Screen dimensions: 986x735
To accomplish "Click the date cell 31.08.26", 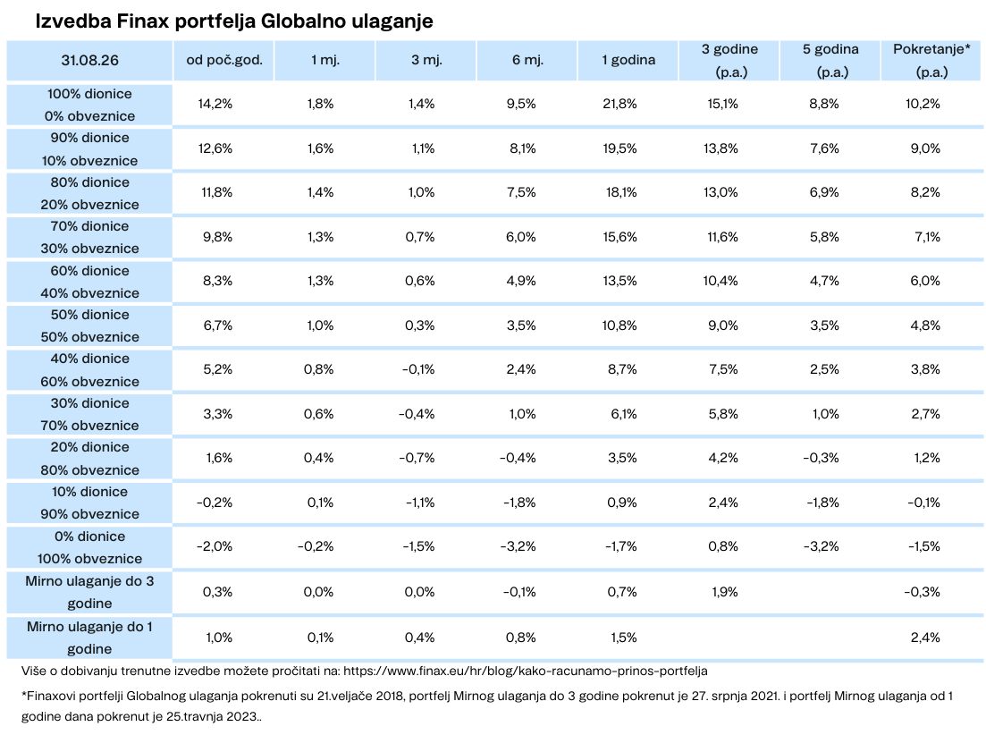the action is pyautogui.click(x=90, y=61).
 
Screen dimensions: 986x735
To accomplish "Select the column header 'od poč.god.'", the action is pyautogui.click(x=224, y=61).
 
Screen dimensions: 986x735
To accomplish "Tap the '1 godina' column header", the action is pyautogui.click(x=628, y=61).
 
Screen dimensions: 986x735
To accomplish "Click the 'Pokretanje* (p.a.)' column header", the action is pyautogui.click(x=932, y=61).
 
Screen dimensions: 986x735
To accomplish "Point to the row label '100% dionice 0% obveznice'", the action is pyautogui.click(x=90, y=105).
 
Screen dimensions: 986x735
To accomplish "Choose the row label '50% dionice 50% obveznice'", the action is pyautogui.click(x=90, y=325).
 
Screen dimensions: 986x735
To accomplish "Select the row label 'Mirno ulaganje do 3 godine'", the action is pyautogui.click(x=90, y=592).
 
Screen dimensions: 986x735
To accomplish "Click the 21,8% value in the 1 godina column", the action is pyautogui.click(x=619, y=105).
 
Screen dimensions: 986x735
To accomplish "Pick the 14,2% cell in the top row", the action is pyautogui.click(x=215, y=105).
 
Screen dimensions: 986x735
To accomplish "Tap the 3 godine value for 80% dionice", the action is pyautogui.click(x=721, y=192).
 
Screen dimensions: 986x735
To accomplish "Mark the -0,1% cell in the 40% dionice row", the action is pyautogui.click(x=418, y=369).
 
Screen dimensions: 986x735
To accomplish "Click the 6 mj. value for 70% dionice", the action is pyautogui.click(x=521, y=237).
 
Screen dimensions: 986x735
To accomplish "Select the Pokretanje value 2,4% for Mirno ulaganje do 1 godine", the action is pyautogui.click(x=925, y=638).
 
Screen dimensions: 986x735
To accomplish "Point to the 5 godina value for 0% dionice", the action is pyautogui.click(x=822, y=546).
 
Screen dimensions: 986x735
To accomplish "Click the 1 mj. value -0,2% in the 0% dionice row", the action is pyautogui.click(x=316, y=546).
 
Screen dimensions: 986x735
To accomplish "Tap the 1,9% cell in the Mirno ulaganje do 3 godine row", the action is pyautogui.click(x=724, y=592).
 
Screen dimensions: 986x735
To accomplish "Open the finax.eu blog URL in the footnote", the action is pyautogui.click(x=526, y=671).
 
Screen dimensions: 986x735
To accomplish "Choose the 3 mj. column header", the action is pyautogui.click(x=427, y=61).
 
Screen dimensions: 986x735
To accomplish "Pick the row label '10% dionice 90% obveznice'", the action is pyautogui.click(x=90, y=503).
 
